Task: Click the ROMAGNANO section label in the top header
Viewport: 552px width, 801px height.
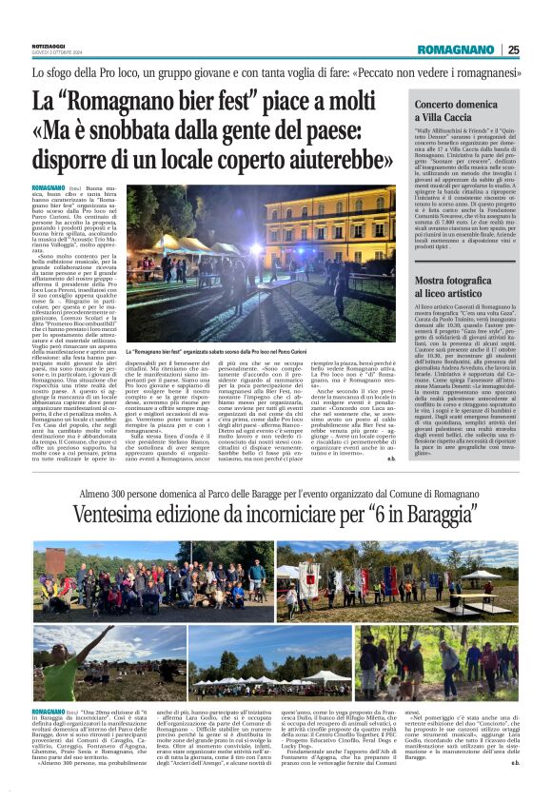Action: pyautogui.click(x=456, y=49)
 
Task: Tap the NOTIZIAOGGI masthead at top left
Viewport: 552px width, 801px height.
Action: pyautogui.click(x=48, y=45)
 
